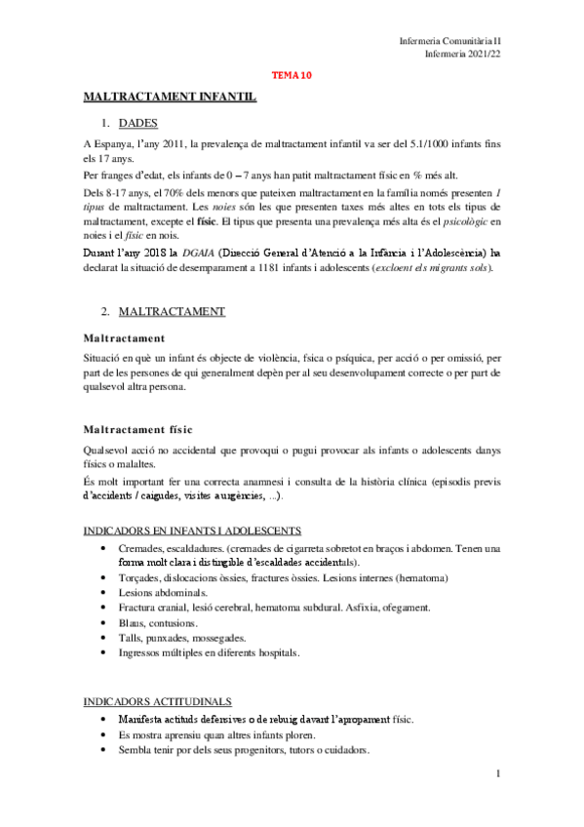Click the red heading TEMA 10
tap(292, 74)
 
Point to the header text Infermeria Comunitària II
tap(450, 40)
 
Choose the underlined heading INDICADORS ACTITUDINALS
tap(157, 700)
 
